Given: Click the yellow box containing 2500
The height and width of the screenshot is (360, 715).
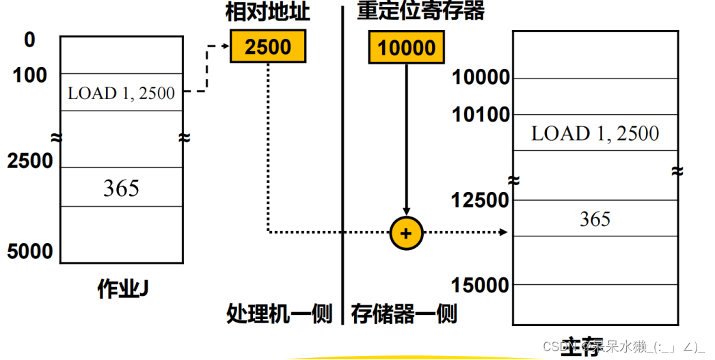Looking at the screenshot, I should pyautogui.click(x=267, y=46).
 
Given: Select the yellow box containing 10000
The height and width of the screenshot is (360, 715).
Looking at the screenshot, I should pyautogui.click(x=406, y=47).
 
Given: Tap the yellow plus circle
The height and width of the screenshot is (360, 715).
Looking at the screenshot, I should pyautogui.click(x=406, y=232).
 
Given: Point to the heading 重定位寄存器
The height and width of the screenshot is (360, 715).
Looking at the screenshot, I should pyautogui.click(x=420, y=12).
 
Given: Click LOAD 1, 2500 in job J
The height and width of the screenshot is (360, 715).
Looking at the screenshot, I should pyautogui.click(x=121, y=93).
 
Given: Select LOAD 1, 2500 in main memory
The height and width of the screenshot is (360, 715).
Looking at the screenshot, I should pyautogui.click(x=595, y=133).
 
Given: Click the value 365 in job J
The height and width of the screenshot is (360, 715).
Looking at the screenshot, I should pyautogui.click(x=121, y=188).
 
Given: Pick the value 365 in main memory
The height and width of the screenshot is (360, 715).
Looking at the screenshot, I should pyautogui.click(x=595, y=219).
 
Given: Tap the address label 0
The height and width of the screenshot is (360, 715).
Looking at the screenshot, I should pyautogui.click(x=29, y=40).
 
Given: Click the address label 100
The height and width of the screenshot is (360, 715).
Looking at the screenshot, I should pyautogui.click(x=30, y=75).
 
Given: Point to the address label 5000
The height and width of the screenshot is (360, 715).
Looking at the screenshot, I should pyautogui.click(x=30, y=251).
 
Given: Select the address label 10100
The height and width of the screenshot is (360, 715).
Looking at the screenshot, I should pyautogui.click(x=481, y=115).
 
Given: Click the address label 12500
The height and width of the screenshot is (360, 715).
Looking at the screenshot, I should pyautogui.click(x=481, y=200).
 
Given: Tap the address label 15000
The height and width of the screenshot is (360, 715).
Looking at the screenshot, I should pyautogui.click(x=481, y=285).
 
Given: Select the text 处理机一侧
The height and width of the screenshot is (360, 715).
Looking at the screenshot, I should pyautogui.click(x=279, y=314).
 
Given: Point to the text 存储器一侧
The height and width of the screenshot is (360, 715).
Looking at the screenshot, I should pyautogui.click(x=404, y=314).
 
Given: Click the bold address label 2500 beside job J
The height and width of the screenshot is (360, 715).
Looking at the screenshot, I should pyautogui.click(x=30, y=161).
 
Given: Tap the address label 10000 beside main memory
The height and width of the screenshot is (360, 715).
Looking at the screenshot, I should pyautogui.click(x=481, y=78).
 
